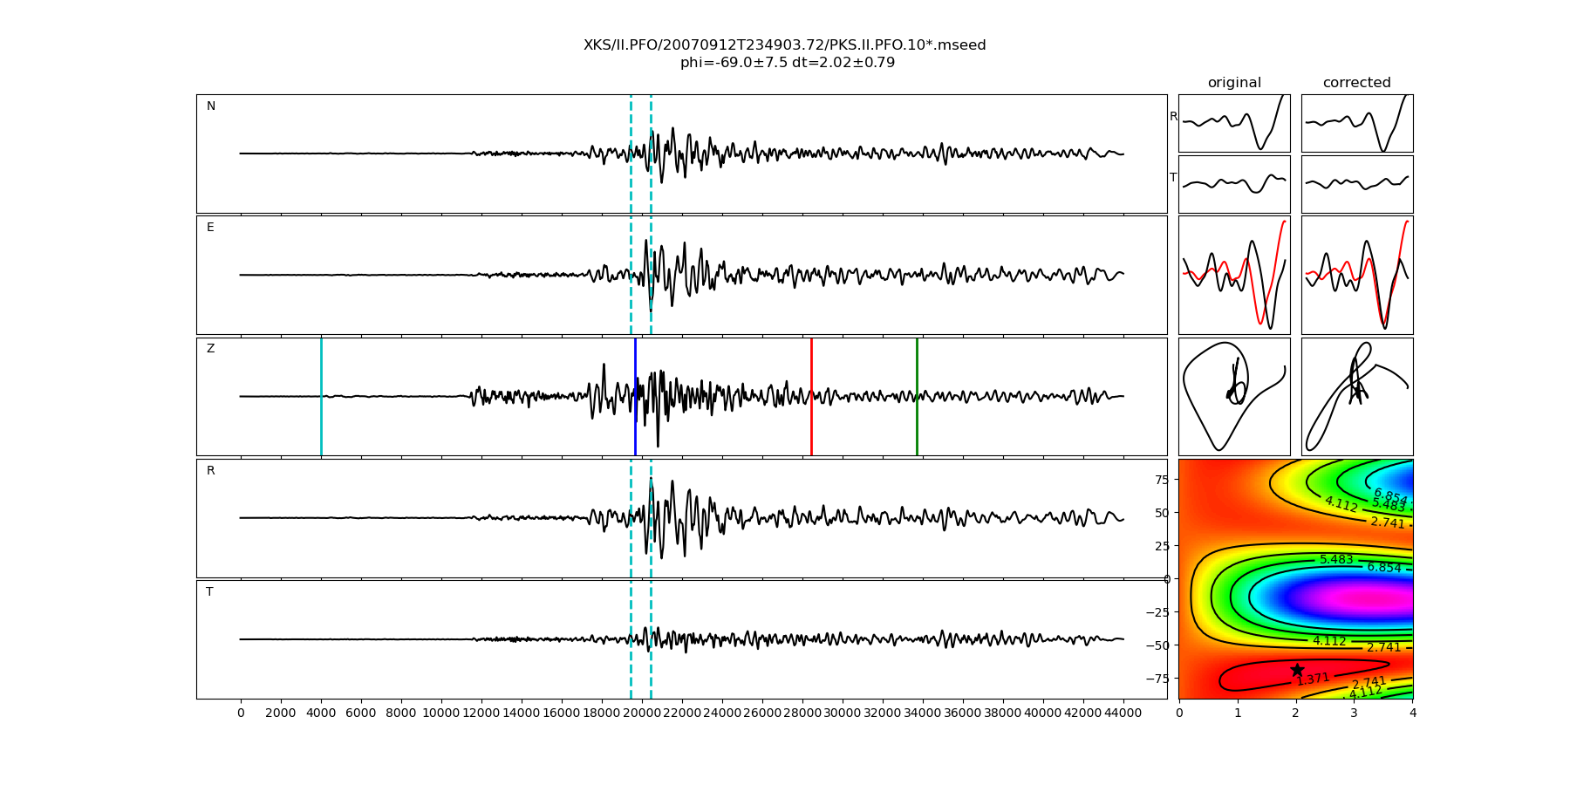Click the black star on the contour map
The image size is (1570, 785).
(x=1297, y=670)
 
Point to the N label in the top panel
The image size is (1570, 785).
(x=211, y=106)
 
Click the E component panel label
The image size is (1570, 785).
(x=210, y=228)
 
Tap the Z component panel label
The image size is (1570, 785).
(x=210, y=349)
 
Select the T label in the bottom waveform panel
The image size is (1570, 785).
(x=209, y=591)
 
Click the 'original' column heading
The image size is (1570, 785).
(x=1234, y=83)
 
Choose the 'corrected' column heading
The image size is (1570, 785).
(x=1356, y=83)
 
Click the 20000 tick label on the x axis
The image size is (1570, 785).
(x=641, y=713)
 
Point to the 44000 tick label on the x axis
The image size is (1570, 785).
(x=1123, y=713)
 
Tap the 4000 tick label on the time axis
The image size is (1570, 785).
(x=321, y=713)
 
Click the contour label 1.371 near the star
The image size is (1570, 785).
(x=1313, y=679)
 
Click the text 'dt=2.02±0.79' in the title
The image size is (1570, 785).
(x=843, y=63)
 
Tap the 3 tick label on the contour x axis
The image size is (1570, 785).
(x=1355, y=713)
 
